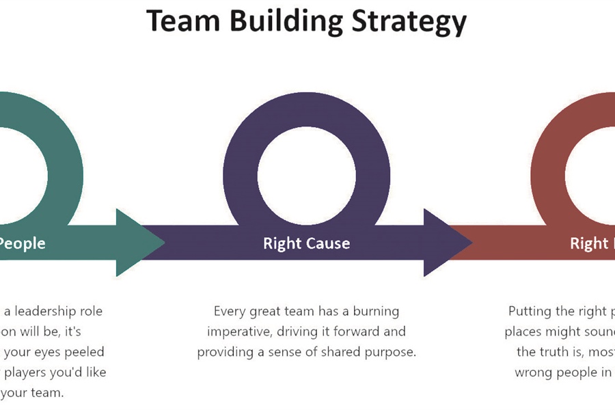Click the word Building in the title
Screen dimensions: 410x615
[x=285, y=22]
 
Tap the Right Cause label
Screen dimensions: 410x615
[x=306, y=243]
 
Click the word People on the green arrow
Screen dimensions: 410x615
[x=23, y=243]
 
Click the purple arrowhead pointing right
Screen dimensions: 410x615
[x=447, y=243]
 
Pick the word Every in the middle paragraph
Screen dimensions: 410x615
[x=230, y=312]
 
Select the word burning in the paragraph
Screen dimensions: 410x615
[x=376, y=312]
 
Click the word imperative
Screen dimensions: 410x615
[x=239, y=332]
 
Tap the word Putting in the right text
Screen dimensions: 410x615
[x=530, y=312]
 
